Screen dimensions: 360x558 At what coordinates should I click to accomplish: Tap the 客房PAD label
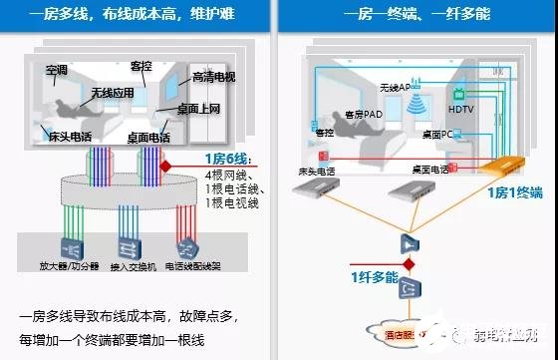(x=364, y=114)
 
